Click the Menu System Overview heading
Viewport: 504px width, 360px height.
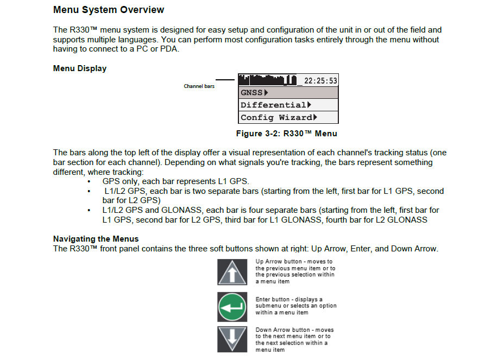tap(109, 10)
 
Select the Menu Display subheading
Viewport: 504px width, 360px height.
tap(80, 68)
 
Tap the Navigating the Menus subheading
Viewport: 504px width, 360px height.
tap(96, 239)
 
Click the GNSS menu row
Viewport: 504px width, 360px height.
tap(288, 92)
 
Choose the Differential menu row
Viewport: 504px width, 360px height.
tap(288, 105)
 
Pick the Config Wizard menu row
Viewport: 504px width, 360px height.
tap(288, 117)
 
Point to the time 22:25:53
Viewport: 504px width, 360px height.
tap(320, 81)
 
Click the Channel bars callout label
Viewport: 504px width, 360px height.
tap(199, 86)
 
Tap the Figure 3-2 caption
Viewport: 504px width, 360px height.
tap(286, 134)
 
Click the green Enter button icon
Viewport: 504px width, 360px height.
tap(232, 307)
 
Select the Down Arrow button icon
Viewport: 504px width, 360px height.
tap(232, 339)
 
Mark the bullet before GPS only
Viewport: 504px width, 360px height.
tap(89, 181)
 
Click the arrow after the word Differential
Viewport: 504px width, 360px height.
tap(309, 105)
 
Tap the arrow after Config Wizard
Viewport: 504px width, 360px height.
tap(316, 117)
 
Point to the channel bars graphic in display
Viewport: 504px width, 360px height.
tap(267, 80)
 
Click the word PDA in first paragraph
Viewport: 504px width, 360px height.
tap(169, 49)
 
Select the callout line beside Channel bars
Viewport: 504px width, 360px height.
tap(225, 79)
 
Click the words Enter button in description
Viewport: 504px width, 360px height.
tap(272, 299)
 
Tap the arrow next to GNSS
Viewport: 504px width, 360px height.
tap(266, 92)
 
